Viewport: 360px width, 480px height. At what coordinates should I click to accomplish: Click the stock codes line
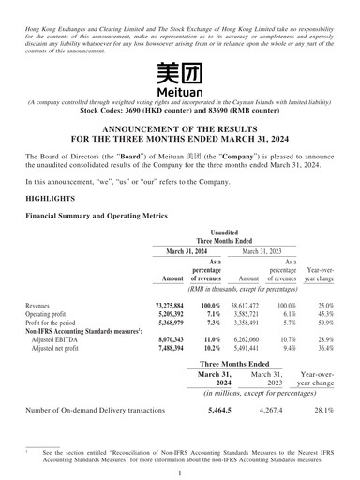[x=179, y=110]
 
